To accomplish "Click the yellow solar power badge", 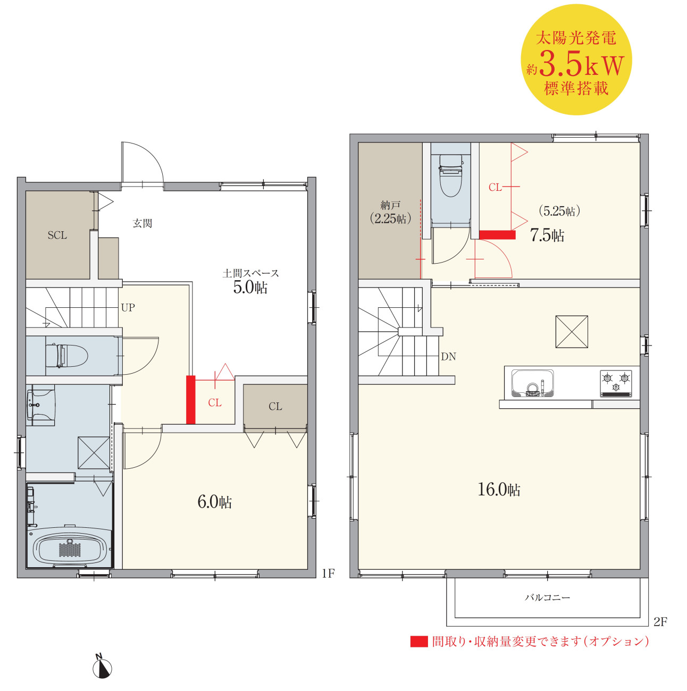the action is click(x=576, y=60).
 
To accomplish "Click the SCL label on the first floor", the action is click(x=57, y=235).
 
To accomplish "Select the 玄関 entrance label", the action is click(x=143, y=223).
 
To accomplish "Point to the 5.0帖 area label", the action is click(x=250, y=287).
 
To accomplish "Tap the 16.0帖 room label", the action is click(x=499, y=489).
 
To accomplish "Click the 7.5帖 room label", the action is click(x=547, y=235).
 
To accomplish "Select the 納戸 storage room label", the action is click(x=390, y=206).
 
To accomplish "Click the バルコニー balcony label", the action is click(x=548, y=597).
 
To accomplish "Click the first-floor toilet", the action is click(x=66, y=356).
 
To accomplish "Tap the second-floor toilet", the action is click(x=450, y=175).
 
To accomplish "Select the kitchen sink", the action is click(x=532, y=383).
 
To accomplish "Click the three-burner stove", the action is click(x=616, y=384).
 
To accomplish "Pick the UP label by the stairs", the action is click(x=128, y=307).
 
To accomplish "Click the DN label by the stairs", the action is click(x=448, y=357).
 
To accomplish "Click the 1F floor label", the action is click(x=328, y=574).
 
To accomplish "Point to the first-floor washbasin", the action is click(x=40, y=405).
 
